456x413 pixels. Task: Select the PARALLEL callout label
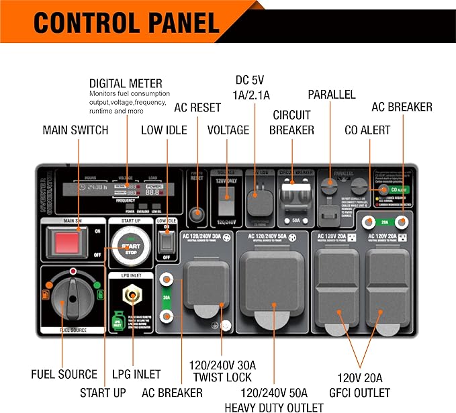click(331, 94)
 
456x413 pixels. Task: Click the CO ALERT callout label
click(367, 130)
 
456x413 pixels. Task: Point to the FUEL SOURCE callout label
click(64, 374)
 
